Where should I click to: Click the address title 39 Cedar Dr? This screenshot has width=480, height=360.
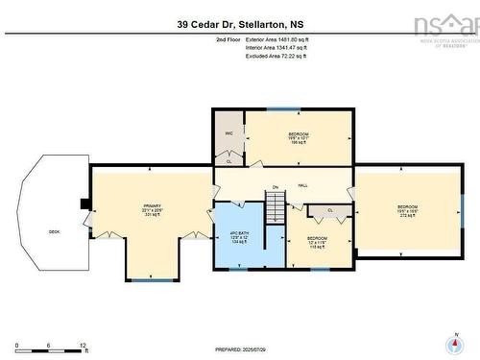point(239,24)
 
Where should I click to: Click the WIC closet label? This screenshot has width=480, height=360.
point(228,133)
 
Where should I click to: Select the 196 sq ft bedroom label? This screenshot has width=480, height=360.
point(299,137)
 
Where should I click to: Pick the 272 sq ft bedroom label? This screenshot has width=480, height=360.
point(407,211)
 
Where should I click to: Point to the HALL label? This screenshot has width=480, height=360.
point(302,184)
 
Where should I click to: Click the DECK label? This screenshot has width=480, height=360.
point(55,231)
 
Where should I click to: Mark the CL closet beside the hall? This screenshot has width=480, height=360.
point(330,209)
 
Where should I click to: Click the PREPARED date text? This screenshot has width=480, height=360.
point(240,349)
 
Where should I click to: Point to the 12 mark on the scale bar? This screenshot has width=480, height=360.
point(84,344)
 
